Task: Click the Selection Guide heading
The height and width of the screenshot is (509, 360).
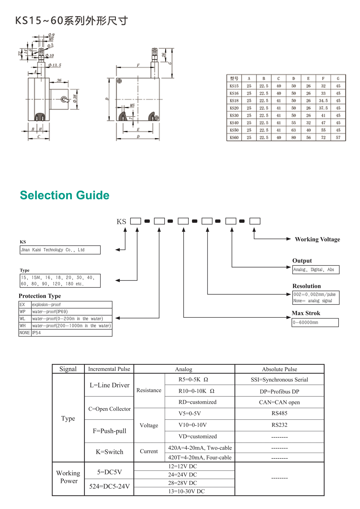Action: click(x=64, y=195)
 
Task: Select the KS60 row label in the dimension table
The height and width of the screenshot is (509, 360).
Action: click(x=234, y=138)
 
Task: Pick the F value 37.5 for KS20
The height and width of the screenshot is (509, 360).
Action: click(x=323, y=108)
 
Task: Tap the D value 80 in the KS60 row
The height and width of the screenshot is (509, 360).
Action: click(x=294, y=138)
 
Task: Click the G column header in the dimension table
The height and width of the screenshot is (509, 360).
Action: click(x=338, y=78)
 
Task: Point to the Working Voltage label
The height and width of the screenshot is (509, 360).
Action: click(x=317, y=239)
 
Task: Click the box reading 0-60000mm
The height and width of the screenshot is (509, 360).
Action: click(x=315, y=322)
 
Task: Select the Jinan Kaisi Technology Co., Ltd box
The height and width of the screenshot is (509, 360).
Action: click(x=60, y=250)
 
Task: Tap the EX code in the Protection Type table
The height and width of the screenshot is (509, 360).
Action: click(x=22, y=305)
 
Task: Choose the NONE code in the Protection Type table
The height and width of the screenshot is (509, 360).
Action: click(x=25, y=333)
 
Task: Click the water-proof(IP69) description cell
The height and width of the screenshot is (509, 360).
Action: click(x=71, y=312)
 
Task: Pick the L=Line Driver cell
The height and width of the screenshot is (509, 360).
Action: click(x=109, y=385)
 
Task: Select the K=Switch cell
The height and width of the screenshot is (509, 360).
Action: click(x=109, y=452)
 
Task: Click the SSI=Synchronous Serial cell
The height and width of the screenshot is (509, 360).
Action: click(x=279, y=380)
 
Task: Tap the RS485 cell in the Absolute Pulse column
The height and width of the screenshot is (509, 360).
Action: click(x=279, y=413)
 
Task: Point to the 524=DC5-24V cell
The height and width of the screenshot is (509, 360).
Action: click(x=109, y=486)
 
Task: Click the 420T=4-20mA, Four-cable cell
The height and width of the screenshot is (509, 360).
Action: click(x=200, y=458)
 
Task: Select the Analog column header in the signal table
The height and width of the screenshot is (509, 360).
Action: click(x=183, y=369)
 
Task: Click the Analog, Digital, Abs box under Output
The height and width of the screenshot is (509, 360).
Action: click(x=316, y=270)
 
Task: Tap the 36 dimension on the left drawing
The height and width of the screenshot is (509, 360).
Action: click(x=59, y=80)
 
